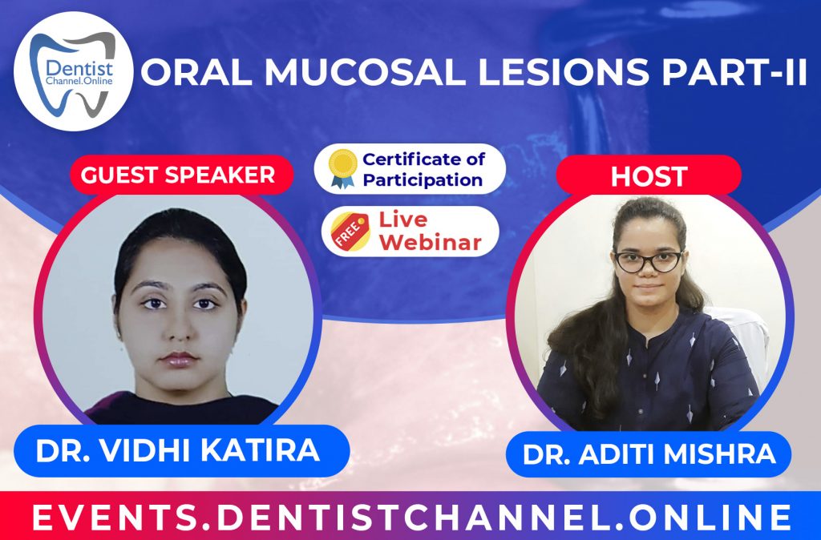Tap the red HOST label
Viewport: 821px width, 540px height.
[x=649, y=176]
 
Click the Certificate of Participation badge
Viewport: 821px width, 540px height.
[x=410, y=168]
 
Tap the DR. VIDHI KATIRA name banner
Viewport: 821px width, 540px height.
[x=177, y=450]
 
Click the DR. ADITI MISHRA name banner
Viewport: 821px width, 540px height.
[x=649, y=454]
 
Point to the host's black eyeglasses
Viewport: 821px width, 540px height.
[x=648, y=260]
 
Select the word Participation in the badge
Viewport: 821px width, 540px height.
[x=423, y=179]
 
